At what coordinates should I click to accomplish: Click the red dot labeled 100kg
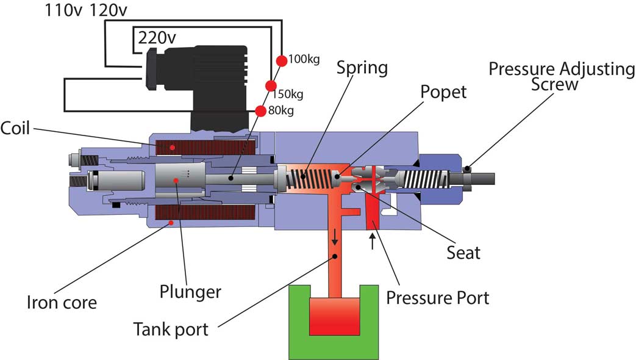[x=282, y=60]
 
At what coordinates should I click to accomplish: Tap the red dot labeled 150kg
[x=271, y=85]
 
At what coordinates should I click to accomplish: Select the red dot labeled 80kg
[x=260, y=110]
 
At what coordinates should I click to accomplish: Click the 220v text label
[x=157, y=38]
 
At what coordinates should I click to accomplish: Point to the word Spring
[x=362, y=68]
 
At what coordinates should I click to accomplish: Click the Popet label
[x=443, y=93]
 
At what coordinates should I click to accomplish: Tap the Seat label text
[x=463, y=253]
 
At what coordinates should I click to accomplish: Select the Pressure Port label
[x=438, y=298]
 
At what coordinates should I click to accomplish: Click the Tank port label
[x=171, y=329]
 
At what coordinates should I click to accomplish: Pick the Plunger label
[x=190, y=292]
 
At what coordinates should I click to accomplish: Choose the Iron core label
[x=62, y=303]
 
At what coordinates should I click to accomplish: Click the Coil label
[x=15, y=128]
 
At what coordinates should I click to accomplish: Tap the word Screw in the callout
[x=554, y=84]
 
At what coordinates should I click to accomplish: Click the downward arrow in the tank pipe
[x=335, y=236]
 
